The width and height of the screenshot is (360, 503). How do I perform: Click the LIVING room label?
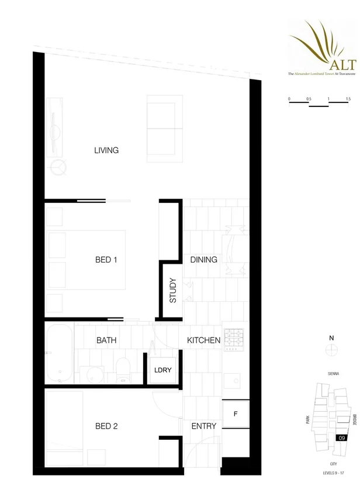pyautogui.click(x=106, y=150)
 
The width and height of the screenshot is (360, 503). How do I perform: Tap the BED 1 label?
pyautogui.click(x=106, y=260)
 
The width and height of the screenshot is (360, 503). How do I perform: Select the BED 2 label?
pyautogui.click(x=106, y=426)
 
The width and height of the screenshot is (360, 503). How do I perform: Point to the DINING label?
pyautogui.click(x=203, y=260)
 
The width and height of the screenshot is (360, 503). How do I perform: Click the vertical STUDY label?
pyautogui.click(x=173, y=291)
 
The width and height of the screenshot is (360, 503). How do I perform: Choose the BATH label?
pyautogui.click(x=106, y=340)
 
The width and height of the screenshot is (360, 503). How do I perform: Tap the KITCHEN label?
pyautogui.click(x=203, y=340)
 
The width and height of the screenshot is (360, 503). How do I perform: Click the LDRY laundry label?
pyautogui.click(x=162, y=370)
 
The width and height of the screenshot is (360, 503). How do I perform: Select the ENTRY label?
pyautogui.click(x=203, y=426)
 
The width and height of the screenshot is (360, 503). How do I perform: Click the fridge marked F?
pyautogui.click(x=236, y=414)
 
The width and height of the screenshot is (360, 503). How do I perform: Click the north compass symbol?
pyautogui.click(x=331, y=349)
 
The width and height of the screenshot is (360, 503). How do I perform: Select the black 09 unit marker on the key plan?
pyautogui.click(x=341, y=437)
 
